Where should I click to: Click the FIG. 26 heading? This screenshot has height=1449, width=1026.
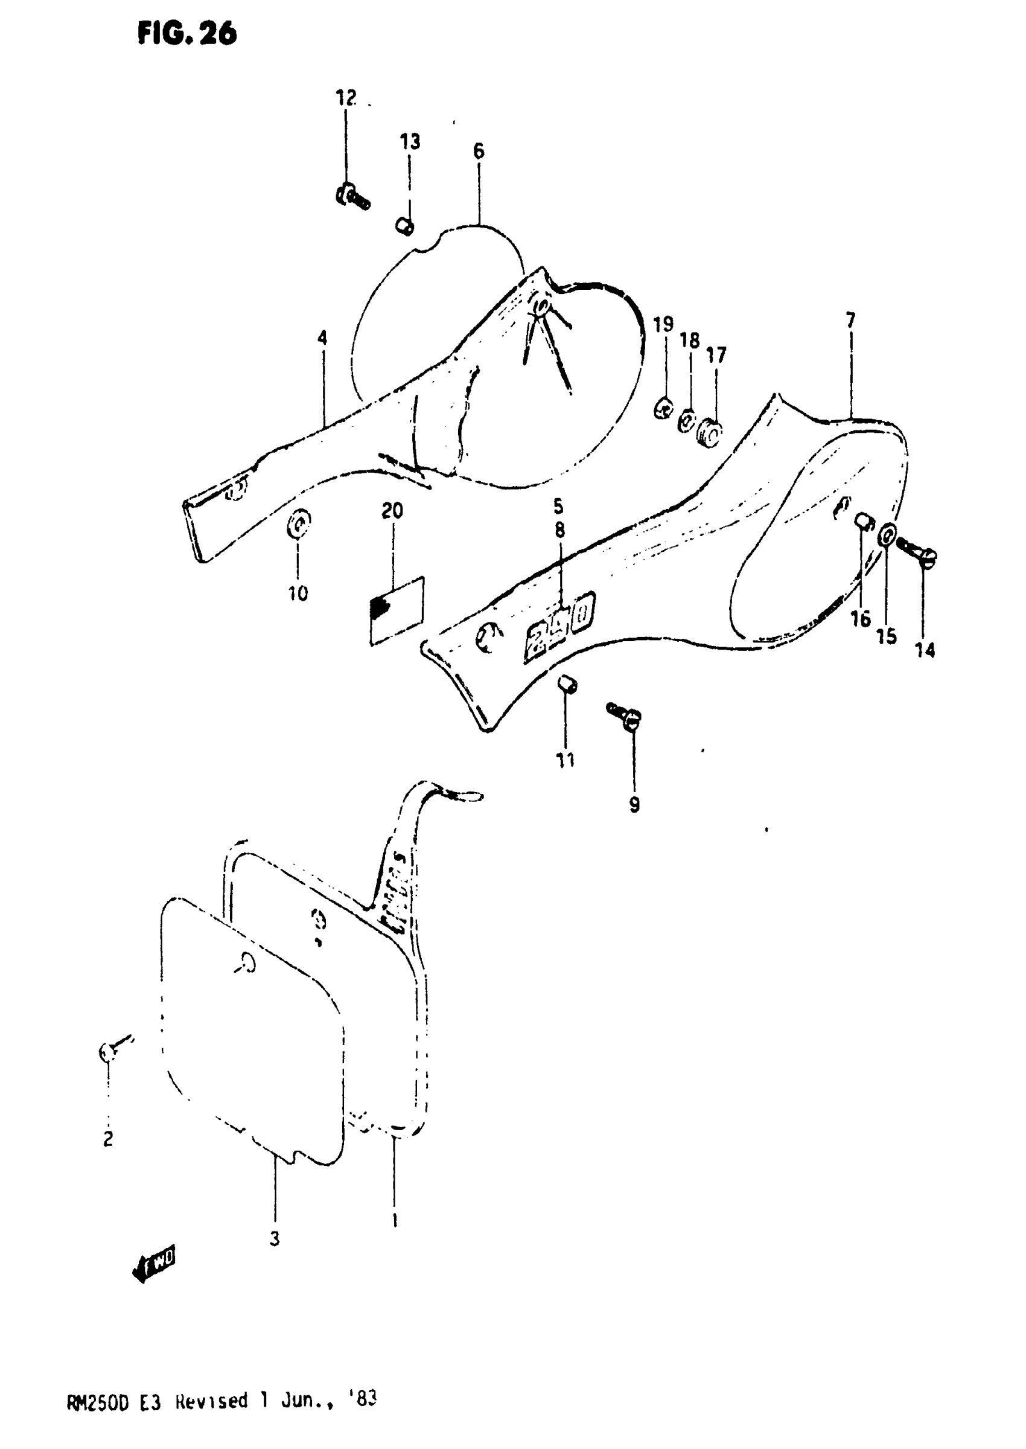click(x=187, y=33)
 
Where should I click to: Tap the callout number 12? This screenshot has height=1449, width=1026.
click(x=346, y=98)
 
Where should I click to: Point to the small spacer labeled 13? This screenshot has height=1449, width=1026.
click(x=405, y=226)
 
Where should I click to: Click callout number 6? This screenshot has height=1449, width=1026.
click(x=478, y=151)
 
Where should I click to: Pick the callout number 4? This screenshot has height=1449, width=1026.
click(x=322, y=338)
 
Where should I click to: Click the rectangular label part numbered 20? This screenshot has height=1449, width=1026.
click(x=397, y=610)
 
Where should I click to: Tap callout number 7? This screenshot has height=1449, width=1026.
click(x=850, y=321)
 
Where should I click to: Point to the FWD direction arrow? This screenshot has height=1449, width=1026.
click(x=153, y=1264)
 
